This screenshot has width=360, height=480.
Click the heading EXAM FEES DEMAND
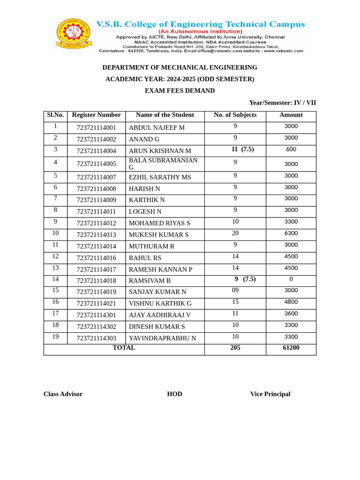[180, 91]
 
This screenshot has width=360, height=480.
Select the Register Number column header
[96, 115]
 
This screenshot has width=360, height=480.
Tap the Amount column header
[291, 115]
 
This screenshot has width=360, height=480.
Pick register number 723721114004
[96, 151]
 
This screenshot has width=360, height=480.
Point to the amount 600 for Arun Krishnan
[291, 150]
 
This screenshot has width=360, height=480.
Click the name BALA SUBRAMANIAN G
[163, 164]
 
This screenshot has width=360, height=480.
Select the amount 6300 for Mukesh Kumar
[291, 233]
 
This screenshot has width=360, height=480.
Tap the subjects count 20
[235, 233]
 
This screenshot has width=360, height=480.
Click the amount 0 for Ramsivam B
[291, 279]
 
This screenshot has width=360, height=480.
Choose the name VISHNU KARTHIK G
[160, 304]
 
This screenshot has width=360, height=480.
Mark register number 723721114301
[96, 315]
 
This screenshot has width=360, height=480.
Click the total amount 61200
[291, 348]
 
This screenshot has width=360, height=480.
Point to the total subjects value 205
[235, 348]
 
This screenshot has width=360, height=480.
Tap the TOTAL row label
[124, 348]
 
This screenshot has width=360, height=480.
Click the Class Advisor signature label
[63, 394]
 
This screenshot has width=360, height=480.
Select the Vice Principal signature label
[270, 394]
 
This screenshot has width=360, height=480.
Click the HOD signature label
[174, 394]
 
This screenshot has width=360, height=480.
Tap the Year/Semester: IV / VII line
[285, 103]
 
